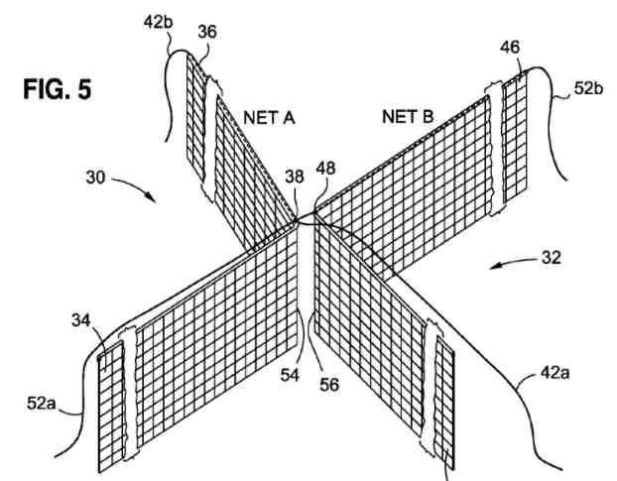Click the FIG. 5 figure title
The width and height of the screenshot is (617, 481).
tap(58, 89)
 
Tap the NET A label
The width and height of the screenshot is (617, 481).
tap(269, 118)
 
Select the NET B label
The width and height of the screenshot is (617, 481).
tap(408, 116)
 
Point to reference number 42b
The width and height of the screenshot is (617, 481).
tap(158, 22)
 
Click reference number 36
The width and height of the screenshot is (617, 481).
tap(207, 32)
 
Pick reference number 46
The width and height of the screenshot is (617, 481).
tap(510, 48)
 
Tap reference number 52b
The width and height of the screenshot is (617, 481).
tap(588, 88)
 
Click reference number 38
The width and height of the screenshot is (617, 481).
tap(295, 177)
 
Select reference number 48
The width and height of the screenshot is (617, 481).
tap(325, 169)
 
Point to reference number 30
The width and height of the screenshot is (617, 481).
tap(95, 178)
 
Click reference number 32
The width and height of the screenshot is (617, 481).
tap(552, 258)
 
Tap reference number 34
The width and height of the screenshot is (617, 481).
tap(81, 320)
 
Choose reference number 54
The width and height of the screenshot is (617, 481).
tap(290, 375)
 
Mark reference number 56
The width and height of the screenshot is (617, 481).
tap(329, 385)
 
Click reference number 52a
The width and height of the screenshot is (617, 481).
tap(42, 403)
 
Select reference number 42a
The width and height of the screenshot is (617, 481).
tap(555, 373)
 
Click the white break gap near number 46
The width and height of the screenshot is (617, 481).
tap(497, 149)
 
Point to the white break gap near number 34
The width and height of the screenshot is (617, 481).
tap(130, 394)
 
